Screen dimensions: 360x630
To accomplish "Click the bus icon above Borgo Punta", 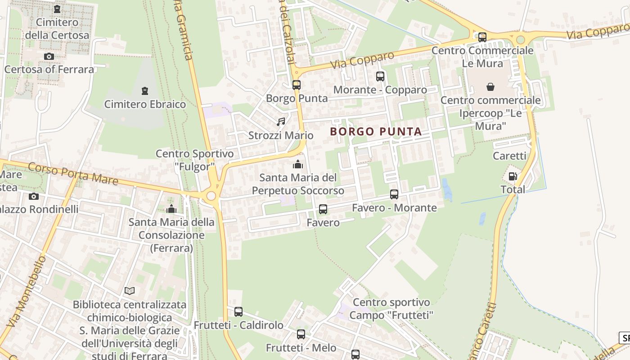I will pyautogui.click(x=296, y=85).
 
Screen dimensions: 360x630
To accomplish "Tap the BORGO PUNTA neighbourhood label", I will pyautogui.click(x=376, y=131).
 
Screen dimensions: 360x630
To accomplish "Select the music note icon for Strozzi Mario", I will pyautogui.click(x=281, y=122).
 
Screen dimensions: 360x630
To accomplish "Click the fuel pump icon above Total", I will pyautogui.click(x=513, y=176).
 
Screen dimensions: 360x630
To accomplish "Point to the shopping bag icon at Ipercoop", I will pyautogui.click(x=490, y=86).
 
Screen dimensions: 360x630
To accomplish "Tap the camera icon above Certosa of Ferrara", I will pyautogui.click(x=49, y=56).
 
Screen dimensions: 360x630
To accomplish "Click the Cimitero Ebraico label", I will pyautogui.click(x=145, y=104).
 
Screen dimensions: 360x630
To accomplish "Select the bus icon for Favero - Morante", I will pyautogui.click(x=394, y=194).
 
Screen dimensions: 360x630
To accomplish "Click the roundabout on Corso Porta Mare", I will pyautogui.click(x=211, y=196).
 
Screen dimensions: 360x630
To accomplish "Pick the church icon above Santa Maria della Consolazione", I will pyautogui.click(x=171, y=209).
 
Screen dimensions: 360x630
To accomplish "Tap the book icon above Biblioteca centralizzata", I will pyautogui.click(x=130, y=291).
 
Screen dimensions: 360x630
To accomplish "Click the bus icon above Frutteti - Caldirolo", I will pyautogui.click(x=238, y=311).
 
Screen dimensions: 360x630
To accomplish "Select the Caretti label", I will pyautogui.click(x=509, y=156).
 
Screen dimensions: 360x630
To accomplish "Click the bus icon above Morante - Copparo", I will pyautogui.click(x=380, y=76).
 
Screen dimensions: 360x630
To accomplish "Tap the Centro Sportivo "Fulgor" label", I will pyautogui.click(x=195, y=160).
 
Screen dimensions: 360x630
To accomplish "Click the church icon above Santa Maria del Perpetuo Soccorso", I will pyautogui.click(x=298, y=164).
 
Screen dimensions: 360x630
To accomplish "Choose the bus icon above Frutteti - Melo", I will pyautogui.click(x=301, y=334).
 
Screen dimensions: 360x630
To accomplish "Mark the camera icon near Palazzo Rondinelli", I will pyautogui.click(x=34, y=196).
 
